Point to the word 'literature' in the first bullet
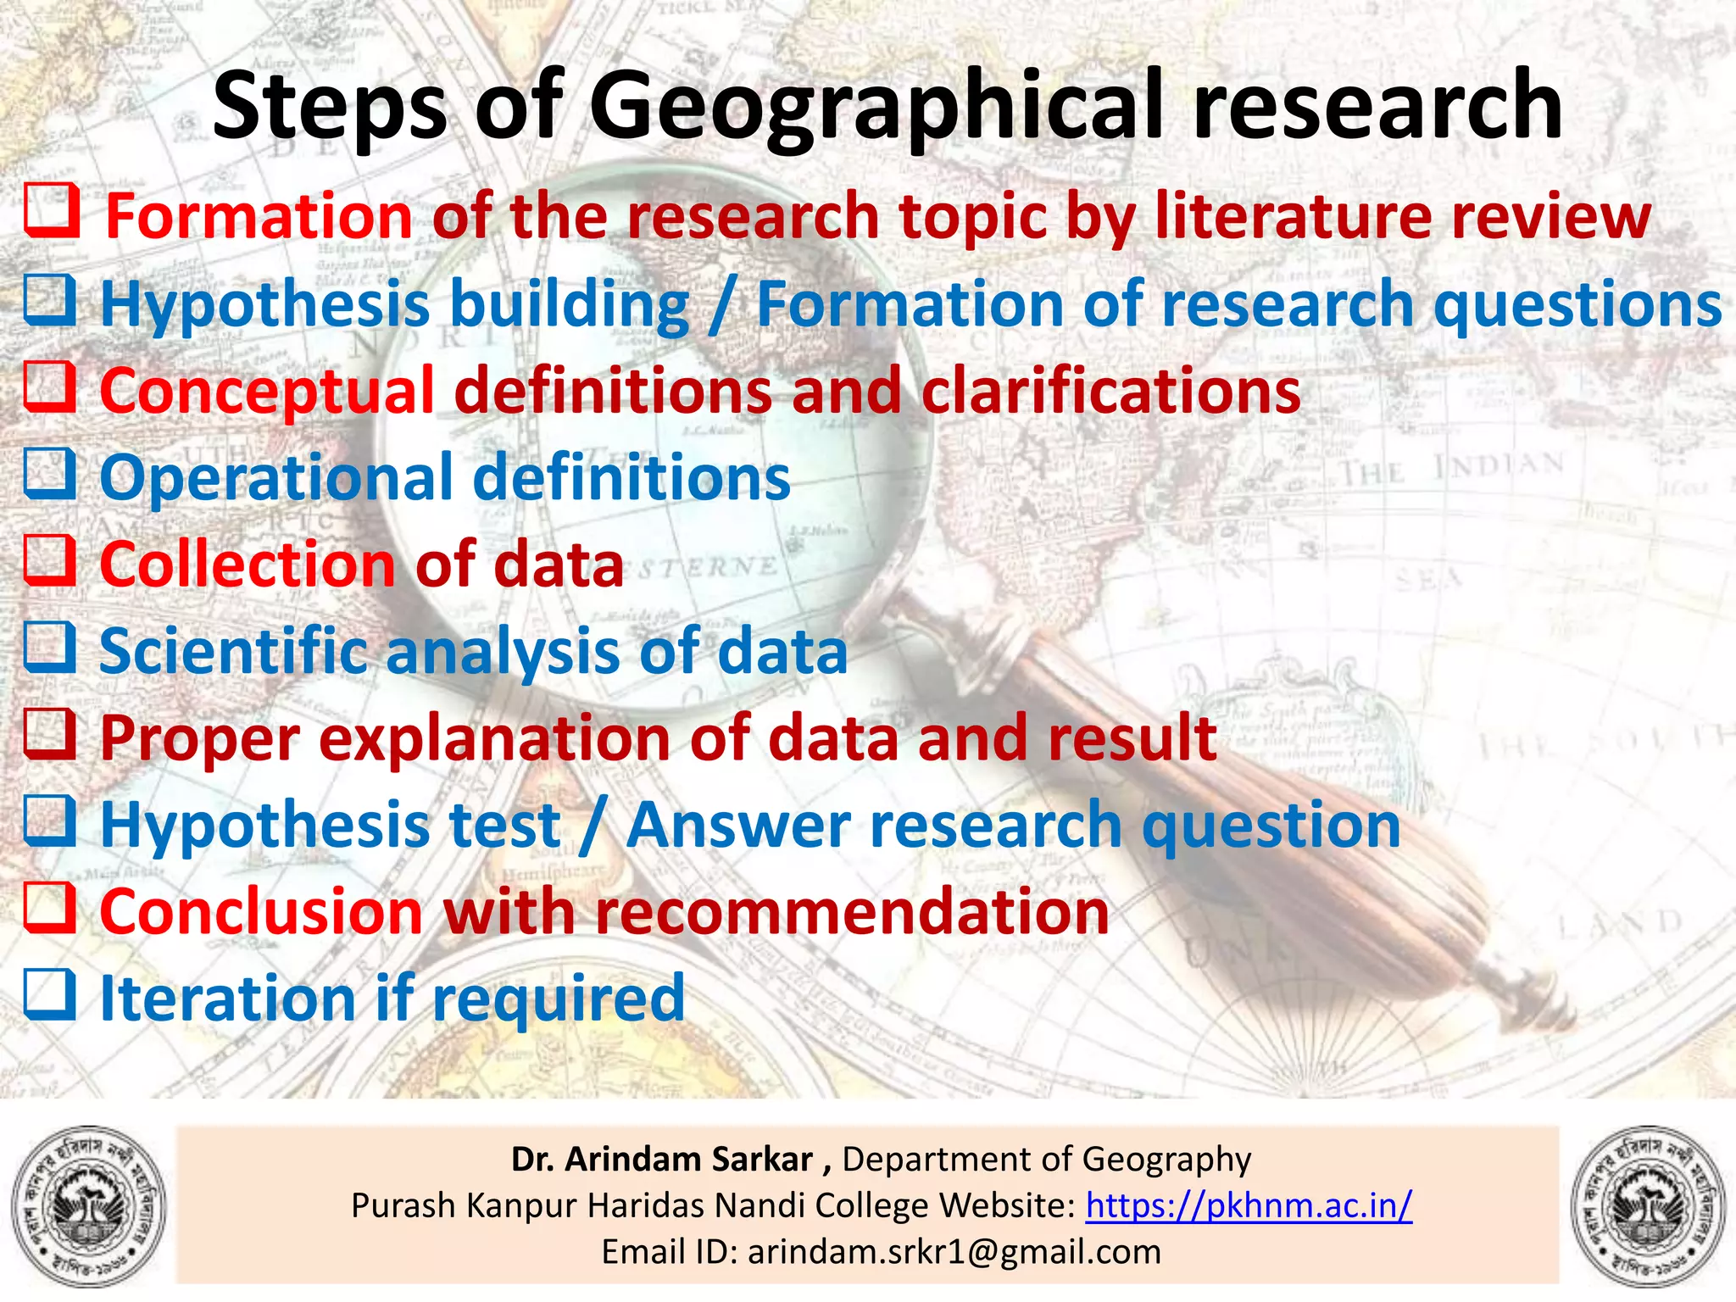pos(1293,216)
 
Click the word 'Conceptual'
pos(267,392)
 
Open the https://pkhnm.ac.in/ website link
pos(1249,1205)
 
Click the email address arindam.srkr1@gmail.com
pos(954,1251)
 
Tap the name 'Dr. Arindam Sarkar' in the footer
pos(662,1159)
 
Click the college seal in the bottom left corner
pos(88,1207)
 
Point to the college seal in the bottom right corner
pos(1648,1207)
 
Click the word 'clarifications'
pos(1110,392)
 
